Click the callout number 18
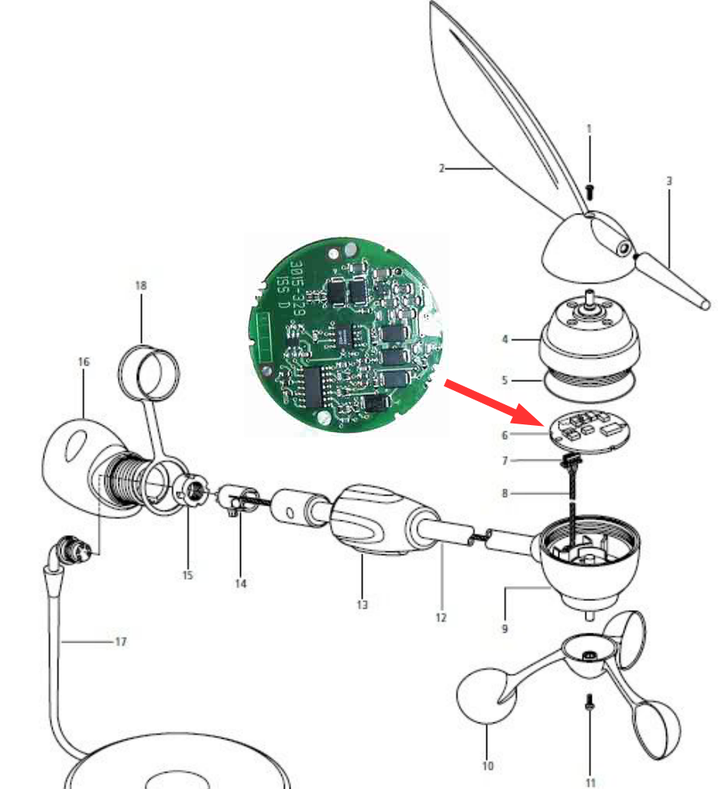[141, 286]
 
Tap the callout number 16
[84, 362]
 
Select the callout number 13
[362, 605]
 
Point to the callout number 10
[487, 766]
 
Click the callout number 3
[669, 181]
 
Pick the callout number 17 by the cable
[121, 642]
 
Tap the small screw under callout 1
[590, 191]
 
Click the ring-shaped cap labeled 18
[149, 373]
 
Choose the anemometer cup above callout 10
[486, 695]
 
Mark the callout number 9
[504, 629]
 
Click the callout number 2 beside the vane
[441, 169]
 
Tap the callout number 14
[241, 584]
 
